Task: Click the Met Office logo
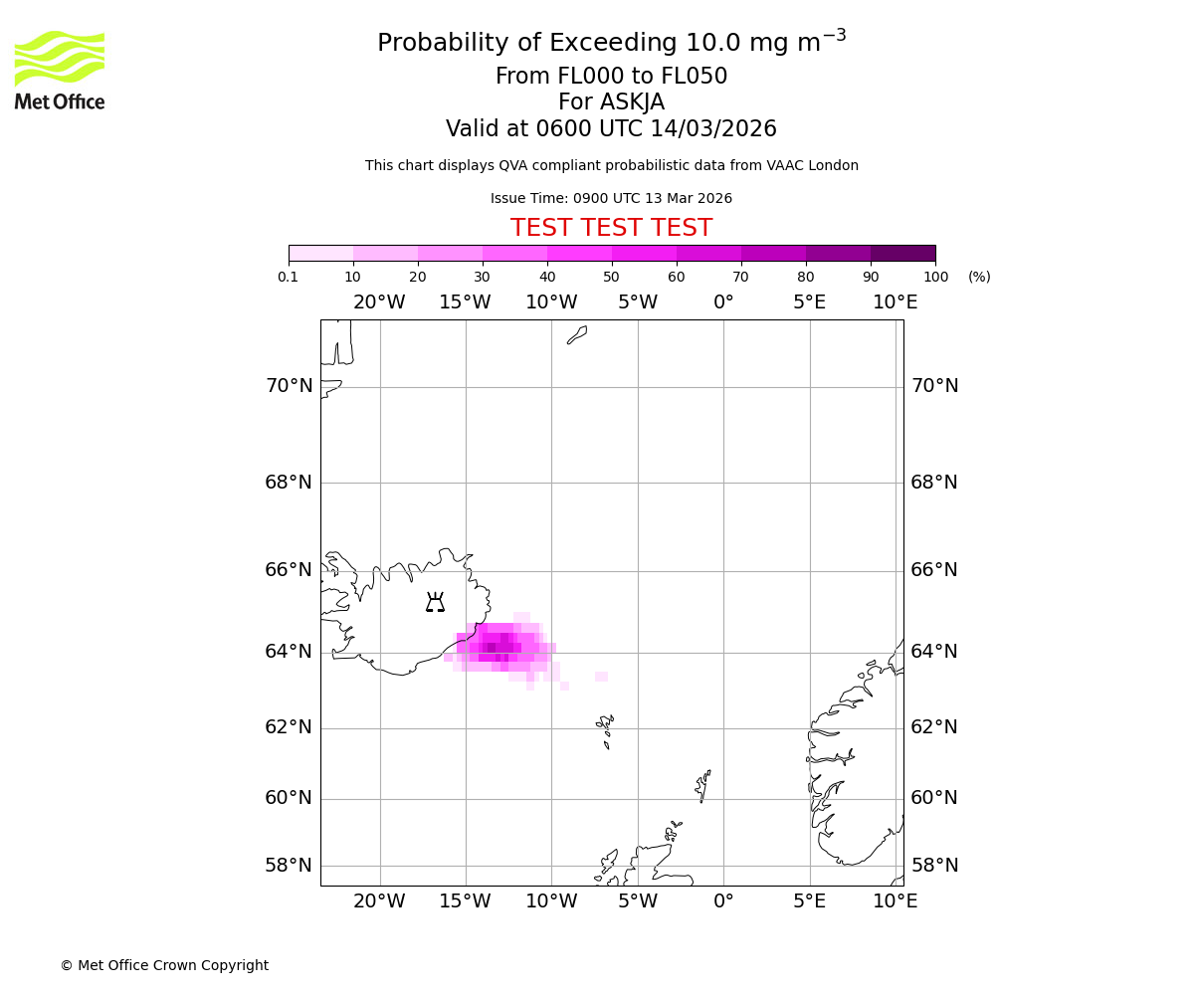pyautogui.click(x=60, y=70)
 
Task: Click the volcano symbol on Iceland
pyautogui.click(x=435, y=602)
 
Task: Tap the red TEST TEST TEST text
pyautogui.click(x=611, y=228)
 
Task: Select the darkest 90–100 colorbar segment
pyautogui.click(x=902, y=253)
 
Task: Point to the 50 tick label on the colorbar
pyautogui.click(x=611, y=277)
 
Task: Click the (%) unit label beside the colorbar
pyautogui.click(x=979, y=277)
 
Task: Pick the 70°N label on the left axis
pyautogui.click(x=289, y=386)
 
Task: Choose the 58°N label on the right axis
pyautogui.click(x=934, y=866)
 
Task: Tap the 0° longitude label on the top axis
pyautogui.click(x=723, y=302)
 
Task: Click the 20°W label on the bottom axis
pyautogui.click(x=379, y=901)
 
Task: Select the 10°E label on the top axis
pyautogui.click(x=895, y=302)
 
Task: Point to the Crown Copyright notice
pyautogui.click(x=164, y=965)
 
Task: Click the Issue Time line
pyautogui.click(x=611, y=199)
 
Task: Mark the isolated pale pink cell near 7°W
pyautogui.click(x=601, y=677)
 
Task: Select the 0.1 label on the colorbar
pyautogui.click(x=289, y=277)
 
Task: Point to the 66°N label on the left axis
pyautogui.click(x=289, y=570)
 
